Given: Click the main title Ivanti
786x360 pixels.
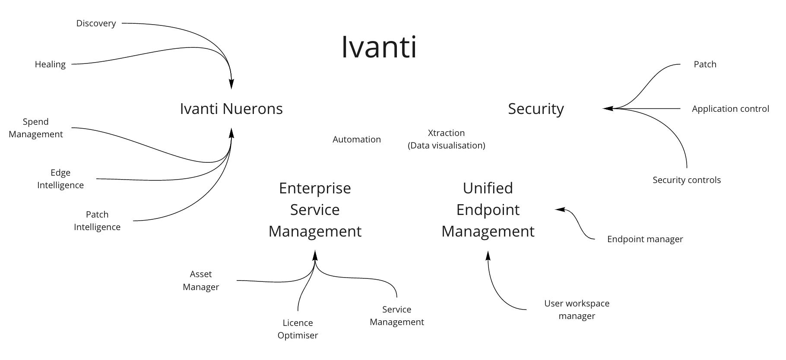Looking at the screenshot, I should point(379,47).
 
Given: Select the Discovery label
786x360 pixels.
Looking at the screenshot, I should point(96,23).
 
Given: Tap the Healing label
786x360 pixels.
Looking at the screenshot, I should point(50,64).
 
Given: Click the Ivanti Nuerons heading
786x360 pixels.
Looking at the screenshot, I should point(231,109).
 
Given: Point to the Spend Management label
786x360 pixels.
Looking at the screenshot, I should point(36,128).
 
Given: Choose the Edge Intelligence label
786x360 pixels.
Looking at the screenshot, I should point(60,179).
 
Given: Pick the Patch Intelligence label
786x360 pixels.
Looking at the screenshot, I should point(97,221).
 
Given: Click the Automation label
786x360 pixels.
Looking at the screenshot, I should point(357,139).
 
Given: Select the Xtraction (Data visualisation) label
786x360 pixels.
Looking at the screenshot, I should point(446,139).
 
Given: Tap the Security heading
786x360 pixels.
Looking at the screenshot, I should point(536,109).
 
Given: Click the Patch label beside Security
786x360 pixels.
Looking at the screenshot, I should point(705,64).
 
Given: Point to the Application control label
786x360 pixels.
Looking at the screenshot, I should point(730,109).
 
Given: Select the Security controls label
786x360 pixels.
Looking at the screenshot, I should point(686,180).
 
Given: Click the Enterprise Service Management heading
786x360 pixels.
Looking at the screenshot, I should point(315,210).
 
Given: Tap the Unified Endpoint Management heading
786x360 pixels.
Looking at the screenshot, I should point(488,210).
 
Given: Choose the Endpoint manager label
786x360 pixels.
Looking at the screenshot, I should point(645,239).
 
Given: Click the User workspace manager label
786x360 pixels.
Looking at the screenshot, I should point(577,309).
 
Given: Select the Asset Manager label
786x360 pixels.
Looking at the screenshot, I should point(201,281).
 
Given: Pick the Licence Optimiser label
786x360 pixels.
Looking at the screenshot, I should point(298,329).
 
